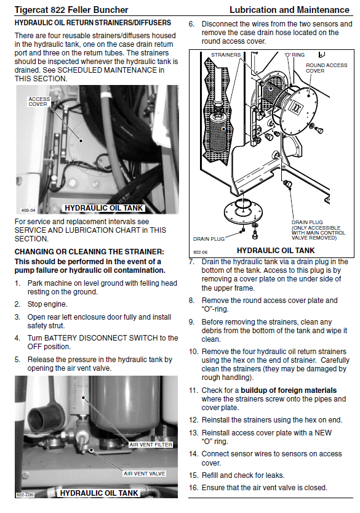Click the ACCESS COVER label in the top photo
coord(39,102)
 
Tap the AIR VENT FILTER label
coord(151,445)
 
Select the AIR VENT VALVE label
coord(144,474)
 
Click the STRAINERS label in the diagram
coord(226,55)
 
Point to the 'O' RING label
coord(294,55)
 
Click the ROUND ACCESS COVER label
coord(326,68)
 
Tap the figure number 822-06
coord(200,252)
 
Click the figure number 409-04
coord(28,210)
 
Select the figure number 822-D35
coord(25,495)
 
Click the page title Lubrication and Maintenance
coord(289,10)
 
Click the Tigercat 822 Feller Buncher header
coord(71,10)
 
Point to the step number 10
coord(194,352)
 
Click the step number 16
coord(194,488)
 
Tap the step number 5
coord(17,360)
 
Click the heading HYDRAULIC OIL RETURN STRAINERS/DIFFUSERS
coord(93,23)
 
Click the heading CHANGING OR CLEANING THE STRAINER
coord(89,252)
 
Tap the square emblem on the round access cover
coord(297,108)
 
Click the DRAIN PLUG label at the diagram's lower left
coord(209,239)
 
